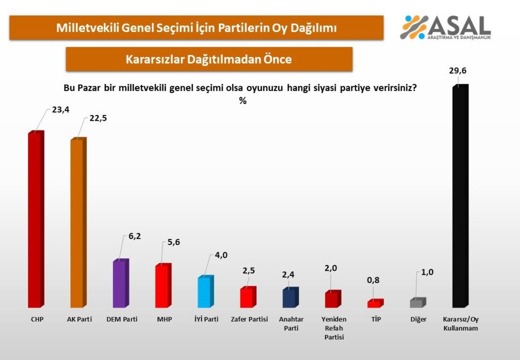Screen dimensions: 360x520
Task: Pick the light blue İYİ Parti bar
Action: [x=205, y=292]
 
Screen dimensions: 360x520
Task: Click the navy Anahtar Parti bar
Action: [x=290, y=298]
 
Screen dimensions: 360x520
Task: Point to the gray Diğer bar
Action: [x=417, y=303]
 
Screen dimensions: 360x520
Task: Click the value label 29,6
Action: [x=457, y=71]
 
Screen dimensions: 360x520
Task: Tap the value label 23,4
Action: [x=61, y=109]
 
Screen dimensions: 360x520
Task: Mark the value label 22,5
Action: [x=98, y=118]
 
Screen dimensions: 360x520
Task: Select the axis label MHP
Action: [x=164, y=319]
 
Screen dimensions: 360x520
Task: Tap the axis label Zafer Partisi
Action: [x=249, y=319]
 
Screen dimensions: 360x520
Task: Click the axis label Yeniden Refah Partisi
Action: [x=334, y=328]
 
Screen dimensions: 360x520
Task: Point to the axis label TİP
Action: [x=376, y=319]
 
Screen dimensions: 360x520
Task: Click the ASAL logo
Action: [x=445, y=27]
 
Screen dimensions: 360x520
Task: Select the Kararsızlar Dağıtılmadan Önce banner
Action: [x=209, y=59]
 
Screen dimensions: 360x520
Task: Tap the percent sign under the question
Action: [x=243, y=101]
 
